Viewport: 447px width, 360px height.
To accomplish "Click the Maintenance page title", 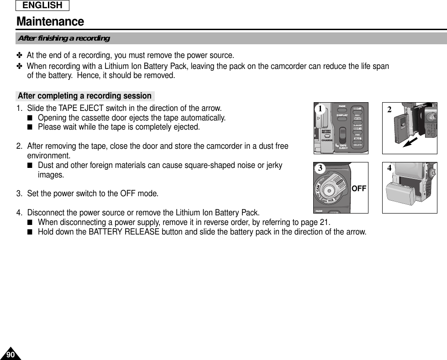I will point(50,21).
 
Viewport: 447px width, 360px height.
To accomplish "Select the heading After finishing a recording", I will point(63,38).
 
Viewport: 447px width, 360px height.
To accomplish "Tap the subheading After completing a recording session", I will point(84,96).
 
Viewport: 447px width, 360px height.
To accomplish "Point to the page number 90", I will point(11,355).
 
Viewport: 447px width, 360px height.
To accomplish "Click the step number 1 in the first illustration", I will point(321,109).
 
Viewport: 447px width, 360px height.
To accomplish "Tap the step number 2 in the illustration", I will point(389,110).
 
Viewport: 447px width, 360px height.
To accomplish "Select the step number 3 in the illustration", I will point(321,168).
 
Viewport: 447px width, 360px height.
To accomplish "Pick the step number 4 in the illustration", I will point(389,168).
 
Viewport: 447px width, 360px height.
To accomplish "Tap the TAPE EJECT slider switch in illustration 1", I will point(343,136).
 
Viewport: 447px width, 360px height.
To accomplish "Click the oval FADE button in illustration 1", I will point(342,110).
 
